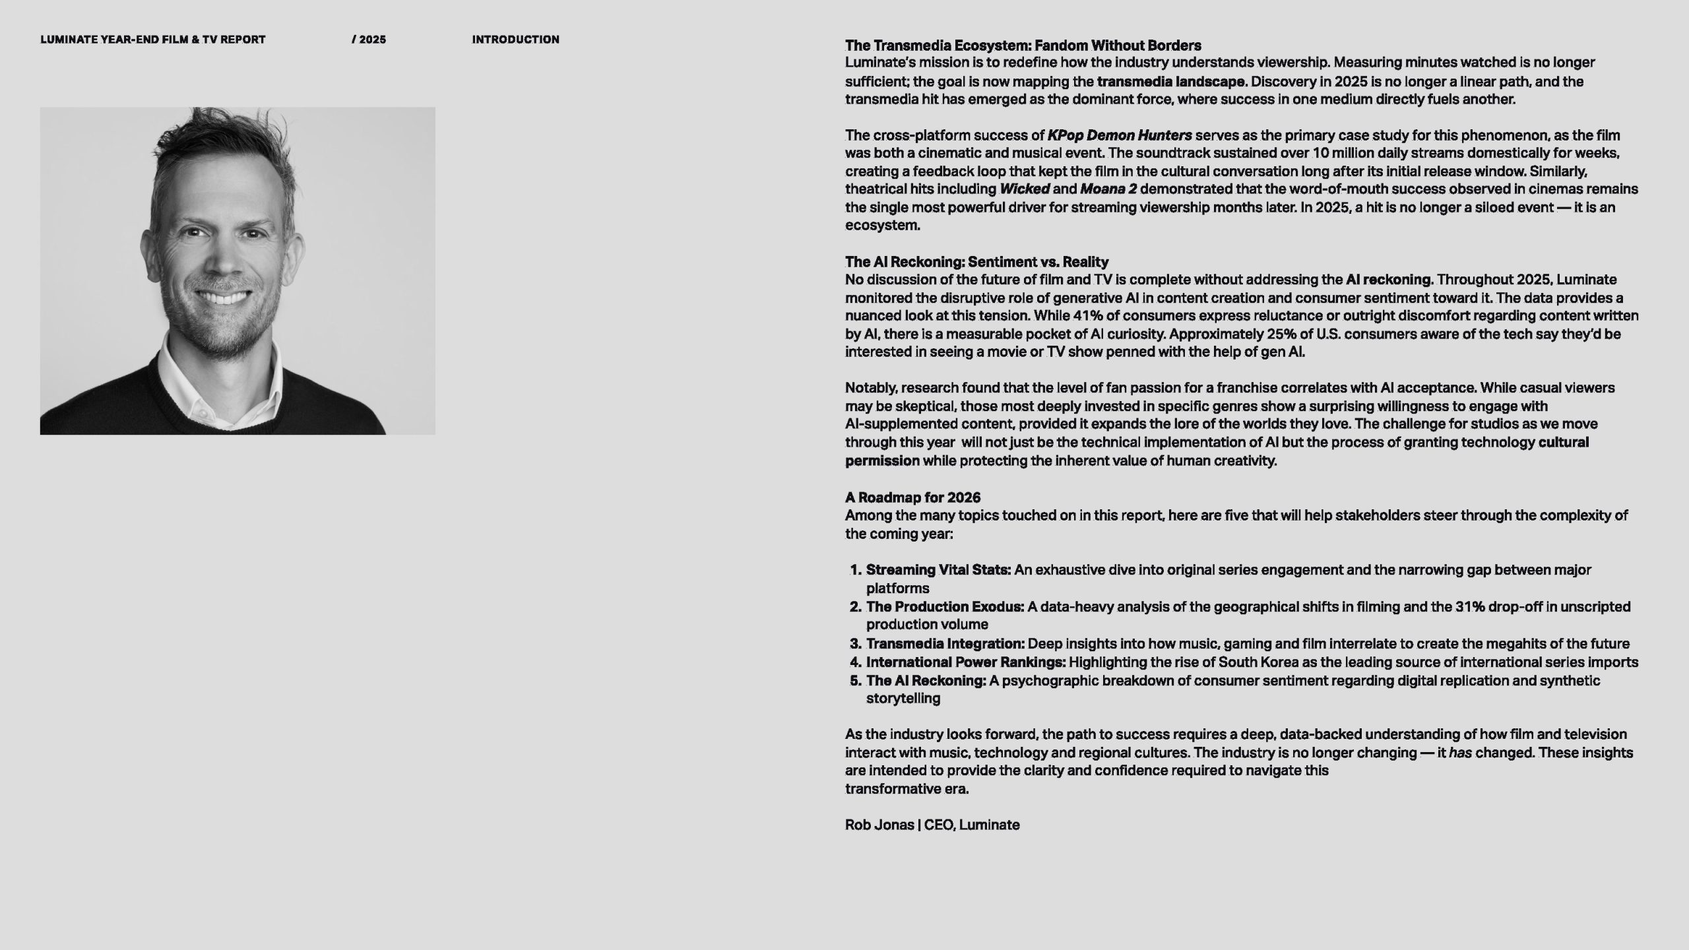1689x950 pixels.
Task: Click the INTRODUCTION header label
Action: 515,40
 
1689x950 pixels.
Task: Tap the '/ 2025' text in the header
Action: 369,40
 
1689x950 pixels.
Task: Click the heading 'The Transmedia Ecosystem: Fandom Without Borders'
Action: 1023,46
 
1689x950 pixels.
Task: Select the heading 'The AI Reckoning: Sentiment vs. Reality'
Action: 976,262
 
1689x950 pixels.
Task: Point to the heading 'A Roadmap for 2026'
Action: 912,497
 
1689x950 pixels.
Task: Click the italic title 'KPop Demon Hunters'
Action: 1120,135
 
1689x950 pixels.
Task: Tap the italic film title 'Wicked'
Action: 1025,189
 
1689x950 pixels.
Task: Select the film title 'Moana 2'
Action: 1108,189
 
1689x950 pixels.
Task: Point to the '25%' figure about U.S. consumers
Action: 1281,334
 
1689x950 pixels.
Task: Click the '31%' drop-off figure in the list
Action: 1469,606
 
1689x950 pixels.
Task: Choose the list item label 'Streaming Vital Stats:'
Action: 938,570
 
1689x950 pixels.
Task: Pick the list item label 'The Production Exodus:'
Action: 945,606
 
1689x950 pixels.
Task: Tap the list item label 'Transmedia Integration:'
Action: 945,643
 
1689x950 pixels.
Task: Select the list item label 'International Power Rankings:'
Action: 966,662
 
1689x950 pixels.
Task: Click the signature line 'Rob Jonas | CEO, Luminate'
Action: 932,825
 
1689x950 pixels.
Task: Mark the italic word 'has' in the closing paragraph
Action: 1461,753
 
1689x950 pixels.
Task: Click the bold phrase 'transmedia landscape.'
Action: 1172,82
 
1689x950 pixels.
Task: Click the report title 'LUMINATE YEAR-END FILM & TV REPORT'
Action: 153,40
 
